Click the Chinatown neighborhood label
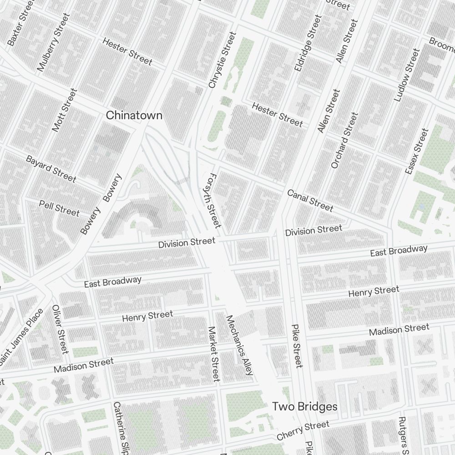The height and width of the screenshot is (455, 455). (134, 116)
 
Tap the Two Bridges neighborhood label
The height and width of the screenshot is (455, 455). (305, 406)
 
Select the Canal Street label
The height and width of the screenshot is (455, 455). (310, 201)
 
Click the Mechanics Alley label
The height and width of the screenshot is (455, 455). (239, 345)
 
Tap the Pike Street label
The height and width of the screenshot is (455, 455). (296, 346)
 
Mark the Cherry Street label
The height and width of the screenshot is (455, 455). (303, 431)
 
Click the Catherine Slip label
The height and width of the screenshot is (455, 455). (120, 428)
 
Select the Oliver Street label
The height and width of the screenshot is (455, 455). (60, 329)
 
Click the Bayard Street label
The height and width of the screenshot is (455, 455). (51, 168)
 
